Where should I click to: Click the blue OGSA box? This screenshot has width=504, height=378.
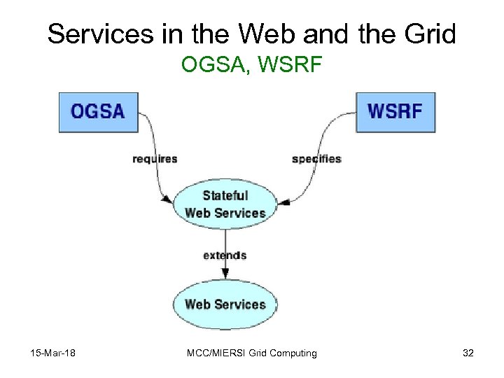[x=99, y=111]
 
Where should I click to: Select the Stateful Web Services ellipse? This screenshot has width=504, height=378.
[x=225, y=204]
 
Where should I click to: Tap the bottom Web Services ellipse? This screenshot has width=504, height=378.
[x=225, y=304]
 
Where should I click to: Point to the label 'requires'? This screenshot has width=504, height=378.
[x=155, y=159]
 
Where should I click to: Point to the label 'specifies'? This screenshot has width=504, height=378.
[x=316, y=159]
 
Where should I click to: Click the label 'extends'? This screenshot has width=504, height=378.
[x=225, y=255]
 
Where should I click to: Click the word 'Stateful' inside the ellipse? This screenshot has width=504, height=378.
[x=225, y=195]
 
